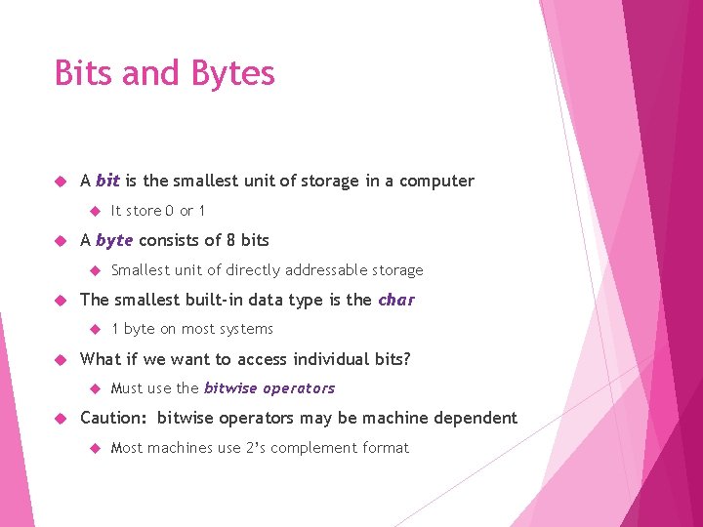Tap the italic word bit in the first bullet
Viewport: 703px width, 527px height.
(107, 181)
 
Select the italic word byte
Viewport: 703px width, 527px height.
(114, 240)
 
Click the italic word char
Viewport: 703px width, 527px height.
(395, 300)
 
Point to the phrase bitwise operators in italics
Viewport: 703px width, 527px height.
(269, 388)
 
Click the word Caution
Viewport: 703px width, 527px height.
(112, 419)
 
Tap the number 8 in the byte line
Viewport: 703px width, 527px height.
(230, 240)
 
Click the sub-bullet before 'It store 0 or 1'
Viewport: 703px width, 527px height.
(95, 211)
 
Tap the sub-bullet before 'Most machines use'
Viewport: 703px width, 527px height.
(95, 448)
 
